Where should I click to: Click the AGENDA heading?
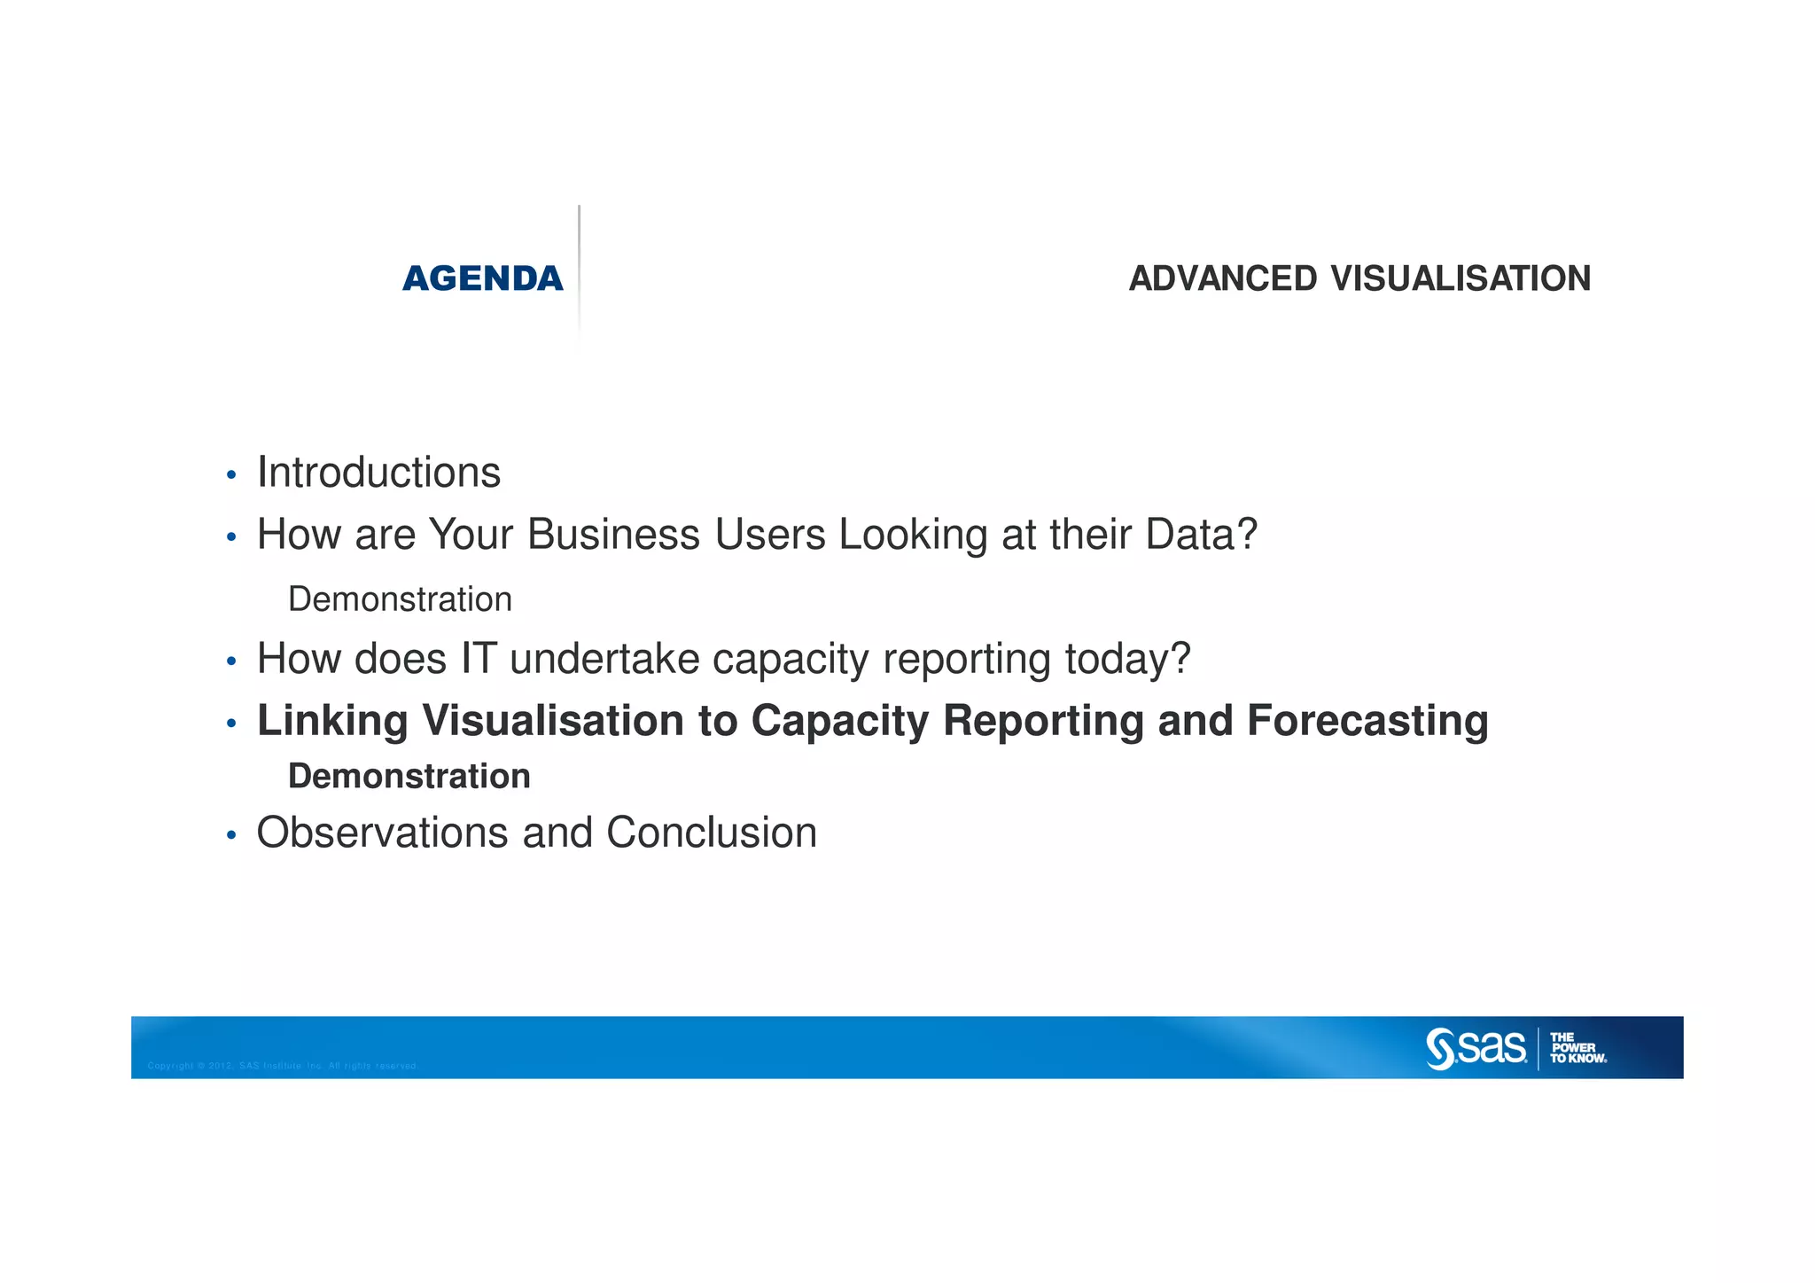482,278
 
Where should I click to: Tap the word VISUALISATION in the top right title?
1461,278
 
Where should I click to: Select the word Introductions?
378,473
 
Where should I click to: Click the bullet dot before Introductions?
231,476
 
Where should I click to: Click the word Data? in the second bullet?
1201,535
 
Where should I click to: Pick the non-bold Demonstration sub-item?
400,599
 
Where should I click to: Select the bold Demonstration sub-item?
409,777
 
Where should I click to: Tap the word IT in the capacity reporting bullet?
478,659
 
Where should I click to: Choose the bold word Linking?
332,720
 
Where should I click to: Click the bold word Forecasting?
1367,720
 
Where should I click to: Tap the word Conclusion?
711,833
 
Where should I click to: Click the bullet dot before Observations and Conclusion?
231,836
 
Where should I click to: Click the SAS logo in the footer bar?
1476,1048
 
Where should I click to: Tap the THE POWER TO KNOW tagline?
1577,1048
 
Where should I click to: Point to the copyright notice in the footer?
282,1066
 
